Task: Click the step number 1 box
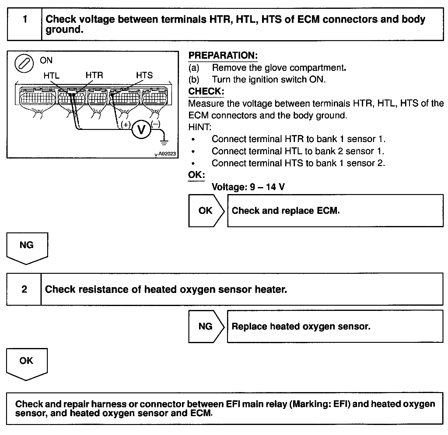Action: (x=24, y=24)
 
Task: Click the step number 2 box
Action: (x=24, y=289)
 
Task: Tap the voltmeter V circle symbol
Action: (x=141, y=130)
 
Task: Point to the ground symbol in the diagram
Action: (x=164, y=141)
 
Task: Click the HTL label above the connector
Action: (x=51, y=75)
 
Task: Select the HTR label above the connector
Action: (x=94, y=75)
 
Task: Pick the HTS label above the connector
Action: (x=144, y=75)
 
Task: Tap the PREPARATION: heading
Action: (x=223, y=56)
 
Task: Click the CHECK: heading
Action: (x=206, y=91)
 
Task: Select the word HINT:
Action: (x=200, y=127)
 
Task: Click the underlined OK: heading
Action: (x=197, y=175)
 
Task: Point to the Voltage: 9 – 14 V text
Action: (x=248, y=187)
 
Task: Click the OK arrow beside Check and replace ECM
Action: (x=206, y=211)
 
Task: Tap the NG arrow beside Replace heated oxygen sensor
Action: (x=206, y=326)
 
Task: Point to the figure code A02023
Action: (x=167, y=154)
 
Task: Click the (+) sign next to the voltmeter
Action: (x=126, y=124)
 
